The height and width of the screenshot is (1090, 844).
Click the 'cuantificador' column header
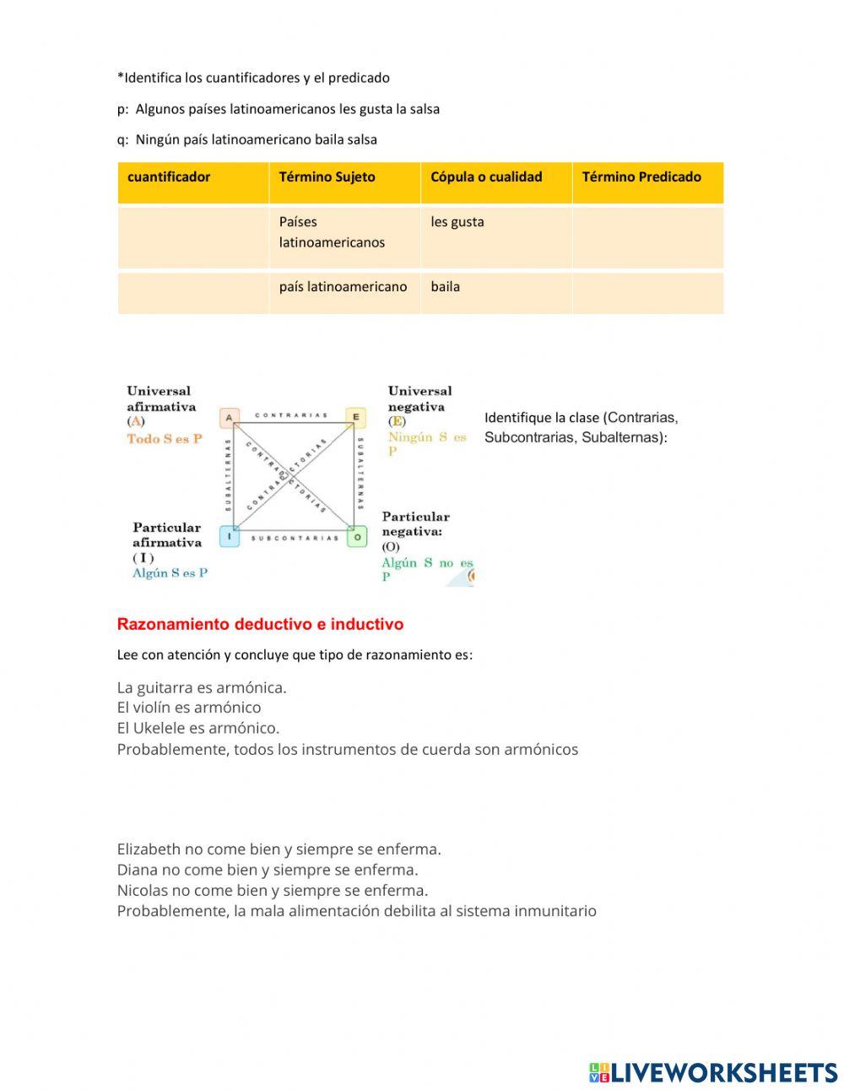click(x=169, y=177)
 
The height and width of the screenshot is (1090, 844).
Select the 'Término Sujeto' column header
click(x=327, y=177)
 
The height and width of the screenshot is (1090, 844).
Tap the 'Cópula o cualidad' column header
click(x=486, y=177)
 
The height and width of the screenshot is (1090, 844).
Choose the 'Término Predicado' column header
click(x=641, y=177)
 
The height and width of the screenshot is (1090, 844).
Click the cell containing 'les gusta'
click(x=457, y=222)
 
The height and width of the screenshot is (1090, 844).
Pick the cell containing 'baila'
click(x=446, y=287)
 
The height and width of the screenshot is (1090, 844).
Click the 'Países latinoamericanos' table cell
click(x=332, y=232)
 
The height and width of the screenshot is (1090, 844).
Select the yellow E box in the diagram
click(x=355, y=417)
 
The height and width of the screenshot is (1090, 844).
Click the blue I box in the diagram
click(x=229, y=536)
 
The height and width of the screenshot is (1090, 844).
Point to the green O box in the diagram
click(x=357, y=536)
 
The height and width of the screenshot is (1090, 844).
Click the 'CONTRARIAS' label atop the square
click(x=291, y=415)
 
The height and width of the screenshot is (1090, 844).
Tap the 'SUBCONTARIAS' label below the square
click(x=294, y=539)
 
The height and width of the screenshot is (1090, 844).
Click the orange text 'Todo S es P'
click(x=165, y=439)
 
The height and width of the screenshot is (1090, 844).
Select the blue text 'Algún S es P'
click(x=170, y=573)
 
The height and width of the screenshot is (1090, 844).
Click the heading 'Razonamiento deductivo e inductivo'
click(x=260, y=625)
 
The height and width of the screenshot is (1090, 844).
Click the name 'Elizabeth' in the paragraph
click(x=149, y=849)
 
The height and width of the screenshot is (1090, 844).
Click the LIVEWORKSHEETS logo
click(x=713, y=1072)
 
